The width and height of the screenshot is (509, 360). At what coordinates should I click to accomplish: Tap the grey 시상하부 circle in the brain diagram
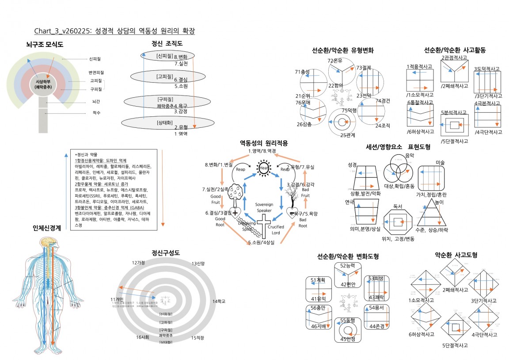pyautogui.click(x=43, y=84)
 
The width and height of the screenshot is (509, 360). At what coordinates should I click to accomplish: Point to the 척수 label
pyautogui.click(x=96, y=113)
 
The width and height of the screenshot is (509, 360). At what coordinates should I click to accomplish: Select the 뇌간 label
pyautogui.click(x=96, y=102)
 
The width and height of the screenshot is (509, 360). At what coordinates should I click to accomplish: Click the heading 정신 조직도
pyautogui.click(x=167, y=43)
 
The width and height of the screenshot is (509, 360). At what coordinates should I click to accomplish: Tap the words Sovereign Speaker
pyautogui.click(x=265, y=207)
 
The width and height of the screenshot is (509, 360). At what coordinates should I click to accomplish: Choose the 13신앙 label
pyautogui.click(x=198, y=264)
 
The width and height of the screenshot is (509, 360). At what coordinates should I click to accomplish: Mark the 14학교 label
pyautogui.click(x=219, y=302)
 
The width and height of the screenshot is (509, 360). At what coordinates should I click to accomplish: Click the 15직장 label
pyautogui.click(x=198, y=338)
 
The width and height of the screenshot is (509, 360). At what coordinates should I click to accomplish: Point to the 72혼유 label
pyautogui.click(x=334, y=61)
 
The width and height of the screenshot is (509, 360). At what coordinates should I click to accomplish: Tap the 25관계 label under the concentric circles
pyautogui.click(x=347, y=135)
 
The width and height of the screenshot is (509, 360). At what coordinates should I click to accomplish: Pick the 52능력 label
pyautogui.click(x=347, y=265)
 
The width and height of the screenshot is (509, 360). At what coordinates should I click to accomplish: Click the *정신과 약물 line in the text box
pyautogui.click(x=88, y=155)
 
